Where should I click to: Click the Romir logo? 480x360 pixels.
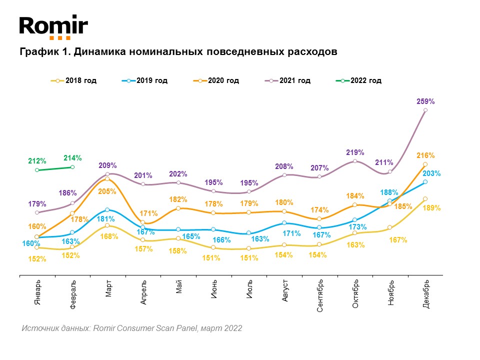click(x=53, y=27)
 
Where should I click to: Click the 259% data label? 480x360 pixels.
click(x=425, y=101)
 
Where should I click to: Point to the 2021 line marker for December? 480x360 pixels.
click(x=425, y=110)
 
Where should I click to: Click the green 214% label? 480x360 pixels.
click(x=72, y=157)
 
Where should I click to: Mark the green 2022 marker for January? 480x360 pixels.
click(x=37, y=170)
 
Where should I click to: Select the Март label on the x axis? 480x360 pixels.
click(x=108, y=289)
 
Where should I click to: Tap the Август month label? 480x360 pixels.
click(x=284, y=291)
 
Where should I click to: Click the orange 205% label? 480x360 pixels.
click(x=107, y=191)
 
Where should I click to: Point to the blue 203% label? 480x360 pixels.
click(x=431, y=174)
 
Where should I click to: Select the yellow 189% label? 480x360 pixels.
click(x=431, y=208)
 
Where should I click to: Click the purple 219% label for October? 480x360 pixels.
click(x=355, y=152)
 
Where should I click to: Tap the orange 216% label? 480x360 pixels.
click(x=425, y=155)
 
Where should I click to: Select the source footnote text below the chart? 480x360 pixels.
click(x=132, y=328)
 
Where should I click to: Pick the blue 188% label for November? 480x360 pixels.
click(x=390, y=192)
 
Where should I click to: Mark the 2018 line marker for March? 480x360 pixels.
click(x=108, y=225)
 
